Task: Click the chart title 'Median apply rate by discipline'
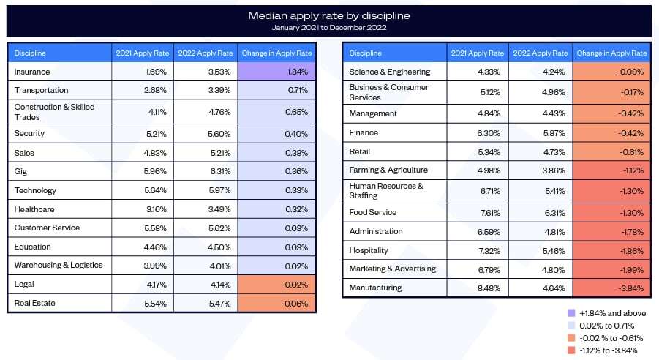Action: coord(328,15)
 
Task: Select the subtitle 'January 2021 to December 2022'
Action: coord(328,28)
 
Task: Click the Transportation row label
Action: coord(41,91)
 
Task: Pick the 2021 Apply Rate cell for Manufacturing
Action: coord(476,288)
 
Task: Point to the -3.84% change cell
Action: coord(611,288)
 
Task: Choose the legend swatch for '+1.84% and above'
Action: coord(571,312)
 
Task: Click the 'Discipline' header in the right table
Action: coord(365,53)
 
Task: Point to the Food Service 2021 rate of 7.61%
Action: coord(476,213)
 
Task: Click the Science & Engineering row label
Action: coord(389,72)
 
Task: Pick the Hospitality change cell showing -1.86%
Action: coord(611,250)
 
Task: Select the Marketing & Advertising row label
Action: coord(392,269)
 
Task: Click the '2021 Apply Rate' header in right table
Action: coord(476,53)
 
